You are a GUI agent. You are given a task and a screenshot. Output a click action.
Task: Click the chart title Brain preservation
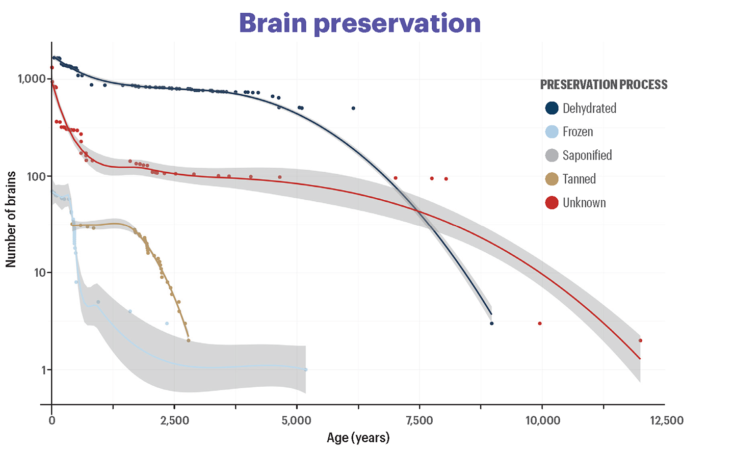point(359,23)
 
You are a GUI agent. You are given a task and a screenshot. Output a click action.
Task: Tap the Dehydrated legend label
point(589,108)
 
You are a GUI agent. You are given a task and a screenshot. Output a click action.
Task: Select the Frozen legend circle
point(552,132)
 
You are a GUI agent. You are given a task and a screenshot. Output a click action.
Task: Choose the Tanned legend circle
point(552,179)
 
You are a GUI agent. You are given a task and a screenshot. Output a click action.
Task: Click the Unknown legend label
point(584,203)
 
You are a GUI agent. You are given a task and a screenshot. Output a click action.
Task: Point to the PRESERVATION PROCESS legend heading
point(604,85)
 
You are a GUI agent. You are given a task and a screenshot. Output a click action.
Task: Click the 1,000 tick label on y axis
point(32,79)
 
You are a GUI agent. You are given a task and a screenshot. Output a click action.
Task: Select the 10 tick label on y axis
point(40,273)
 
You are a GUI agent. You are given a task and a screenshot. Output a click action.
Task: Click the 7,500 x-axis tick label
point(420,420)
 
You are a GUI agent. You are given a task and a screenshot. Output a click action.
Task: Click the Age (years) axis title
point(358,438)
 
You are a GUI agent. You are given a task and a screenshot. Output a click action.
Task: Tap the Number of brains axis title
point(11,219)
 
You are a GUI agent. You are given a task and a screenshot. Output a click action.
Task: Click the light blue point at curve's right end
point(306,369)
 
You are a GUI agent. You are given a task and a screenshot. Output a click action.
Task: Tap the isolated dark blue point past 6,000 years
point(353,109)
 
